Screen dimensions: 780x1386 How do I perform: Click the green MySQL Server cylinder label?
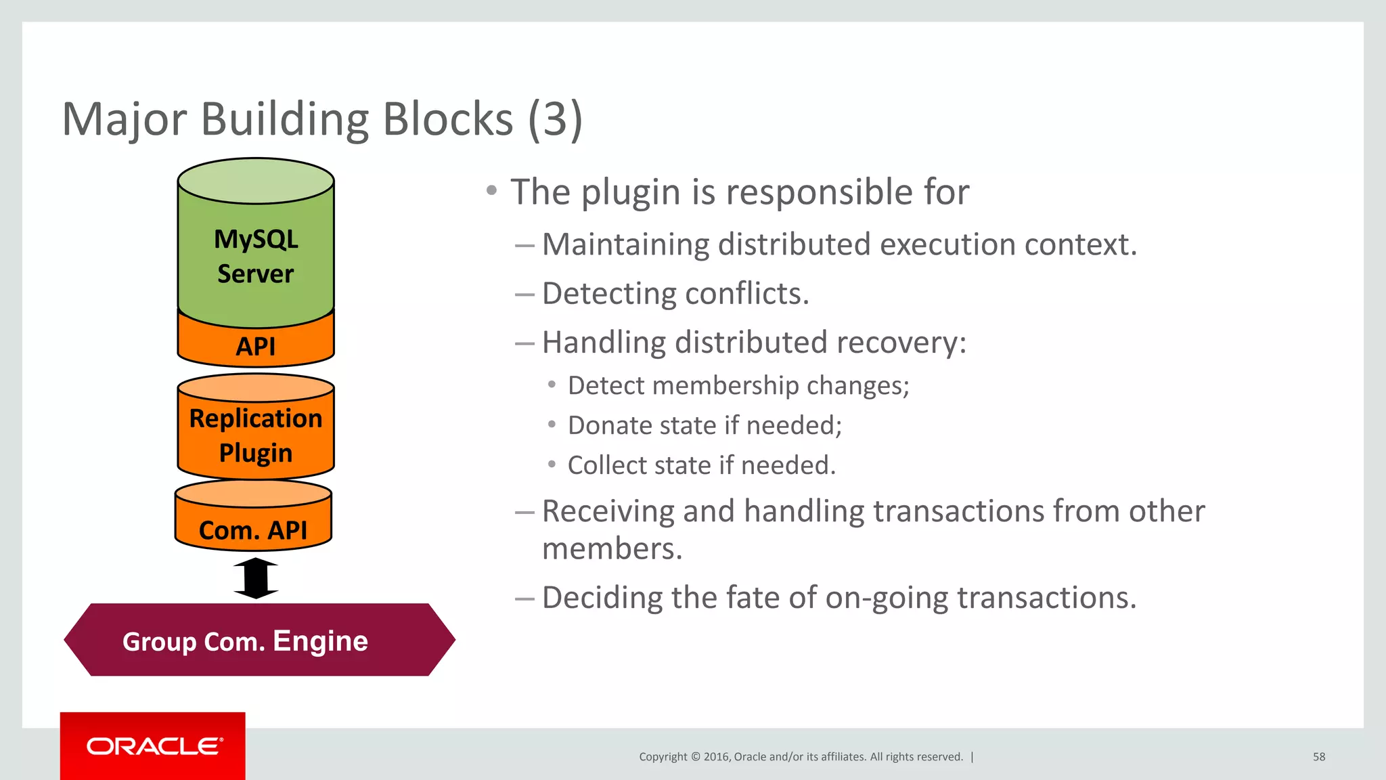(256, 256)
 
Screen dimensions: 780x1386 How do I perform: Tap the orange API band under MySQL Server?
(256, 346)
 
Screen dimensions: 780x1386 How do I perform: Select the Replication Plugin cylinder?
(256, 435)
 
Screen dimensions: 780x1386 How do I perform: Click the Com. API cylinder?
(253, 529)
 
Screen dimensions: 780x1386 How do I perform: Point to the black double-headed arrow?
(256, 578)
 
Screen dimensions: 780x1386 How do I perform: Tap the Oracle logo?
(154, 746)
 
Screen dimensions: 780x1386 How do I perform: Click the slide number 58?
(1318, 757)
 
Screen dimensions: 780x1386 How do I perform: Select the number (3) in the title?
(554, 119)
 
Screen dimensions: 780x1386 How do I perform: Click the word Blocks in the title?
(447, 119)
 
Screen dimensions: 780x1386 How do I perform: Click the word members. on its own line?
(612, 548)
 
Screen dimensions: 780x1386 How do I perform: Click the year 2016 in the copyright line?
(716, 757)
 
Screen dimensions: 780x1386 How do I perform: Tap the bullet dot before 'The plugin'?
(492, 190)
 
